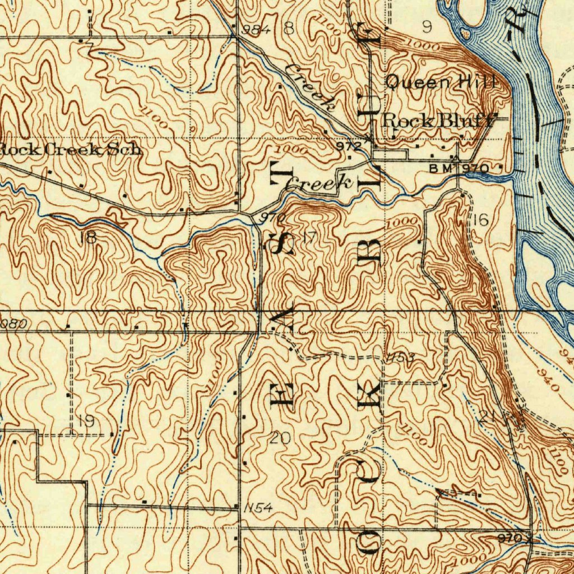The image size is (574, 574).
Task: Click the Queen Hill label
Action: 441,82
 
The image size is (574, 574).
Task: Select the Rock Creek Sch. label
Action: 70,150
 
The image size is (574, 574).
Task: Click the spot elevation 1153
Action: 400,358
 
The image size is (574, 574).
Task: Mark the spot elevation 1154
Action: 258,508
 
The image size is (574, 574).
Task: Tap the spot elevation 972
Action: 349,146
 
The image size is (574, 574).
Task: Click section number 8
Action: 289,28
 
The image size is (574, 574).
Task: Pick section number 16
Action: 480,220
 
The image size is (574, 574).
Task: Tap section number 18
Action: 89,237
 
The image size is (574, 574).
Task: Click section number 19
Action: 86,421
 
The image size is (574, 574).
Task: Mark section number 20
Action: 280,438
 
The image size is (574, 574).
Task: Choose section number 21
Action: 488,416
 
